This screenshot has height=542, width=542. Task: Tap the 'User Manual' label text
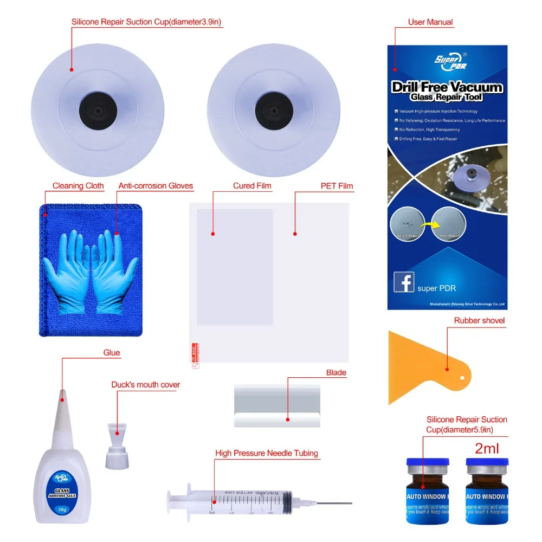[x=430, y=22]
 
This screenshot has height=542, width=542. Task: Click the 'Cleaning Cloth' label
[x=78, y=186]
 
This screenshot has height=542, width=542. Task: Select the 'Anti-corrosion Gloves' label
[x=156, y=186]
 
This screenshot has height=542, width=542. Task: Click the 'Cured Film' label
[x=252, y=186]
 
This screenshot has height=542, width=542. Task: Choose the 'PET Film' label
[x=337, y=186]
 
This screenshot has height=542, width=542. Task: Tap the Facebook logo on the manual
[x=404, y=282]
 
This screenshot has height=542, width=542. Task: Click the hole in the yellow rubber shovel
[x=462, y=378]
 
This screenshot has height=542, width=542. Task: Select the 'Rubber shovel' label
[x=479, y=320]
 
